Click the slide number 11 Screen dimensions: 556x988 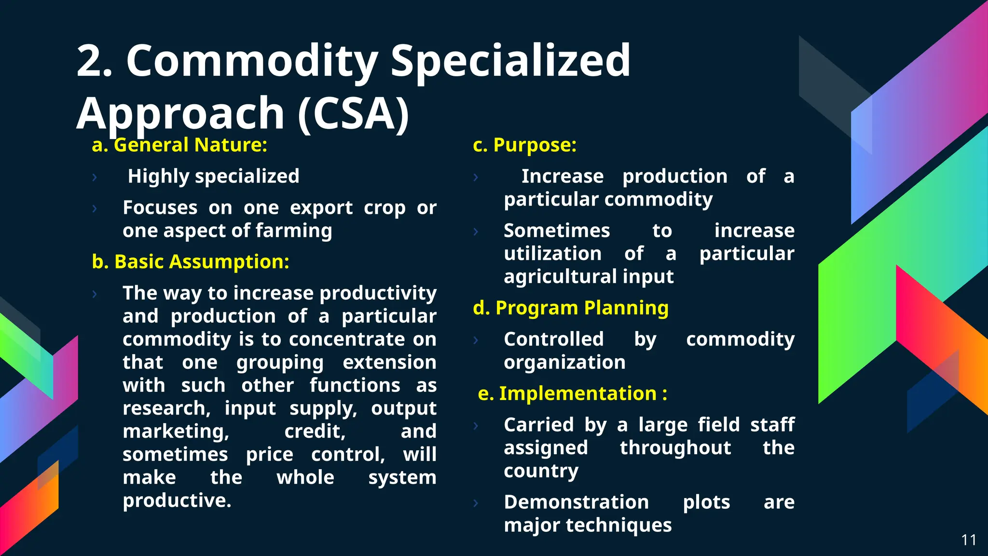(x=969, y=540)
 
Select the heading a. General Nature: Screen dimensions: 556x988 (x=179, y=145)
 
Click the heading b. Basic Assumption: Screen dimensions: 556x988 (x=191, y=262)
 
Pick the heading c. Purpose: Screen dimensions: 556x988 (x=525, y=145)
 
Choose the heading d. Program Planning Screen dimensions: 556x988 (x=571, y=308)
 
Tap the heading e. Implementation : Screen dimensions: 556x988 (x=573, y=394)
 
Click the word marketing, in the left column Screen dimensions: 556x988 (x=176, y=431)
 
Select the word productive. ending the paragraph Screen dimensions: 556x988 (x=177, y=500)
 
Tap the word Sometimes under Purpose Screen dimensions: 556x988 (x=557, y=231)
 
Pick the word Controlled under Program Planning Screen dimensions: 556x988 (x=553, y=339)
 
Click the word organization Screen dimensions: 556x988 (x=564, y=362)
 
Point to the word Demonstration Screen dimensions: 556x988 (x=576, y=502)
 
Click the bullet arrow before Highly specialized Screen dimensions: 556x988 (x=95, y=177)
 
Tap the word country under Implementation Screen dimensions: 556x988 (x=541, y=471)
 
